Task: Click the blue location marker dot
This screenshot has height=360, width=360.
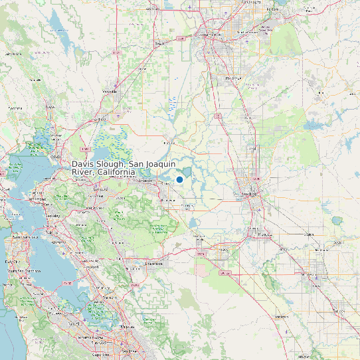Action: pyautogui.click(x=179, y=179)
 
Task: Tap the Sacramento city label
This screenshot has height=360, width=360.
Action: pyautogui.click(x=211, y=34)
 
